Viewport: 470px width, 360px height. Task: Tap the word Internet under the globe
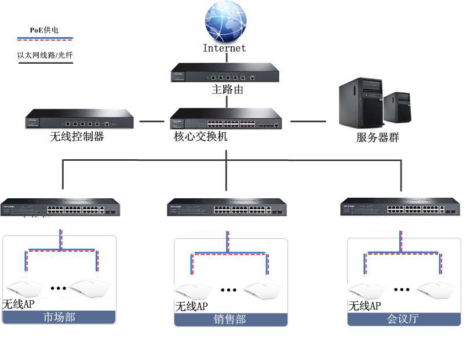224,48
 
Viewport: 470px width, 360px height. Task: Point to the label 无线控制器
78,137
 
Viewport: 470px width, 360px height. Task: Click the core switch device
226,120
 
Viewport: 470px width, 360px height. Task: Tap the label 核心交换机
201,137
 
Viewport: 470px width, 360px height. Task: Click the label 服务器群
378,138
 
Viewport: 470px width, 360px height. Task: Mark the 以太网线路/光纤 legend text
45,56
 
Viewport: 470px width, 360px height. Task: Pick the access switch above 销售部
227,208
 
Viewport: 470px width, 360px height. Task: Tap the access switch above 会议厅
400,208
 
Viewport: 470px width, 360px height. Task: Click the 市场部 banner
60,317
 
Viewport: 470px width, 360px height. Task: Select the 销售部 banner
231,319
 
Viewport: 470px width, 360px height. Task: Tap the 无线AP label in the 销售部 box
191,306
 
